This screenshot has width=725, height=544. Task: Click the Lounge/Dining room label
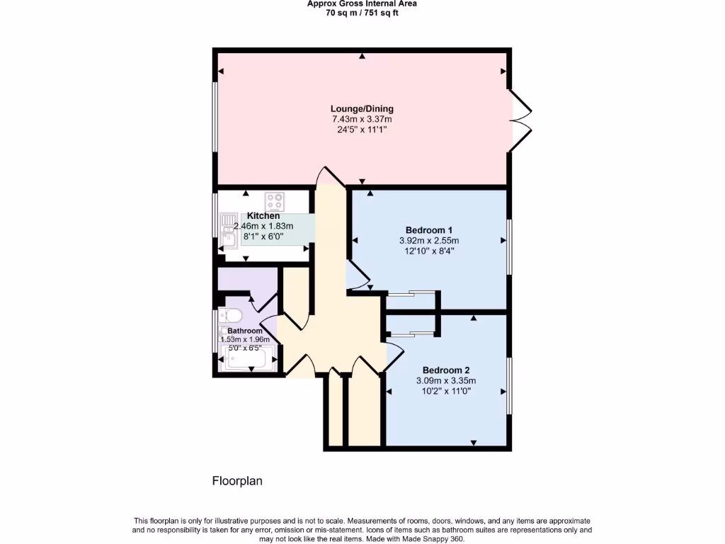361,108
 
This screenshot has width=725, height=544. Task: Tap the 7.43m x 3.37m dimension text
361,119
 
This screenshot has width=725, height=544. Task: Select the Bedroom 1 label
428,229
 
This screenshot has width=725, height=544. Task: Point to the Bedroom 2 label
446,370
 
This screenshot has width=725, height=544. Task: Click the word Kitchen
263,215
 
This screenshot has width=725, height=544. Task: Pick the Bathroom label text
245,331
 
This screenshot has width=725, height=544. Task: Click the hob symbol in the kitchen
275,202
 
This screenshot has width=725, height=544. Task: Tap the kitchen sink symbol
229,230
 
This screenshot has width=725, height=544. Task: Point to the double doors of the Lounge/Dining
520,120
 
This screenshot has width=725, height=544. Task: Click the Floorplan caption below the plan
237,481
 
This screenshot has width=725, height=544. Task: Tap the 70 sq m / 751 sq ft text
362,13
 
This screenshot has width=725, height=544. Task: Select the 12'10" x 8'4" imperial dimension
428,251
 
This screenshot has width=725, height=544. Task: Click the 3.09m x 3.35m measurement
446,380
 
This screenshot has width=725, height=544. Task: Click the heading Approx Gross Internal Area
362,4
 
